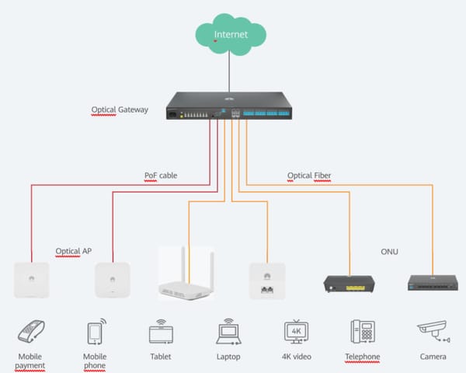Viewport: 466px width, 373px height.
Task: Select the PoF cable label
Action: [161, 176]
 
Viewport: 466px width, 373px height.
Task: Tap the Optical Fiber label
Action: [309, 176]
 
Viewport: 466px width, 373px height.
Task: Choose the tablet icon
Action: [161, 332]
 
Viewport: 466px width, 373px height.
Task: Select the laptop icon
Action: [228, 332]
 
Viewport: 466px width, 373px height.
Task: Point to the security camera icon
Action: [431, 333]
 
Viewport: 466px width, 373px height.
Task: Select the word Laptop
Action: [228, 357]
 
